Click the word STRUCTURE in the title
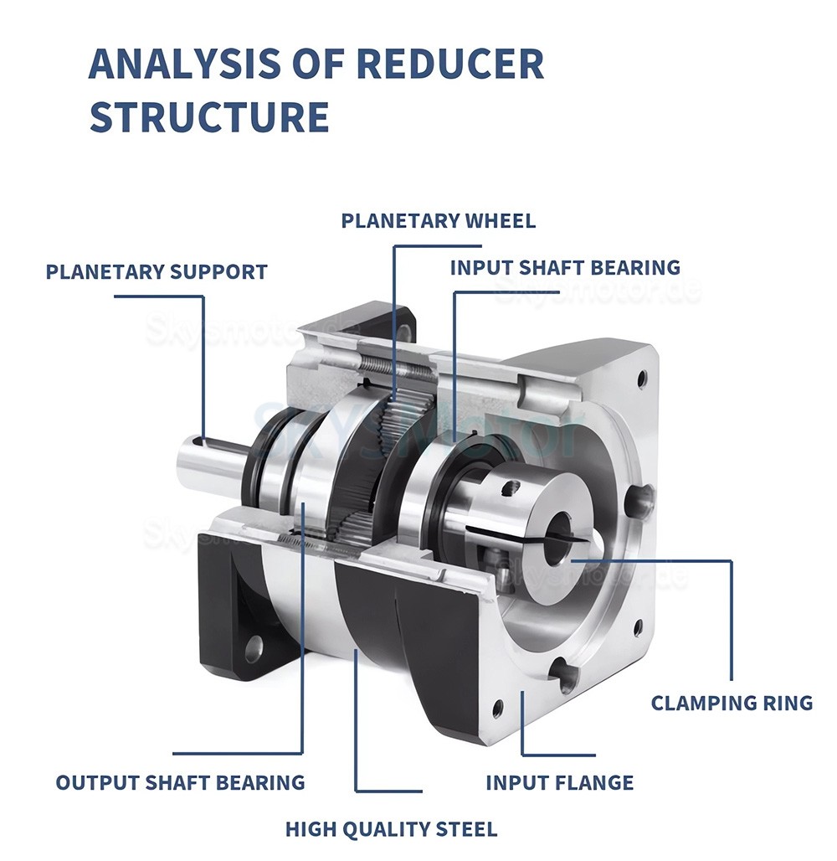208,116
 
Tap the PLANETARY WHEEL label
438,221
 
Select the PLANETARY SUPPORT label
157,272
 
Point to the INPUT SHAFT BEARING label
565,268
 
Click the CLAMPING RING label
732,703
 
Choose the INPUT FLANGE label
559,783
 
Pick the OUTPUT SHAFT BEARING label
180,783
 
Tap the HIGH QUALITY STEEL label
391,830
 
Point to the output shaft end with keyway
201,460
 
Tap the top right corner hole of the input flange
642,378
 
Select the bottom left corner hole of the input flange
498,709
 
